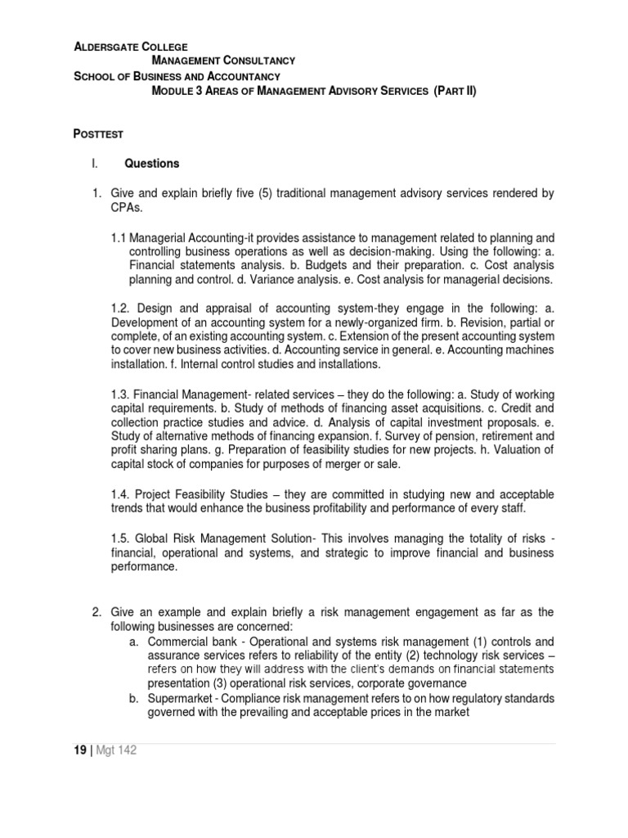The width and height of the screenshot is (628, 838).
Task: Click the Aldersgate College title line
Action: (x=131, y=47)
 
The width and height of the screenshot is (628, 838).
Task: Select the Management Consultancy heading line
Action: (x=224, y=61)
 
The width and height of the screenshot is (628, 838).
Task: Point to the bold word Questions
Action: (x=151, y=164)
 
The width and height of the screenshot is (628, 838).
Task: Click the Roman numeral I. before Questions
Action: (x=95, y=164)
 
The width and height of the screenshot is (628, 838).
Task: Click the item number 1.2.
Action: (x=120, y=308)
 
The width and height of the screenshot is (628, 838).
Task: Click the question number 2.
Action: (x=95, y=612)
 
